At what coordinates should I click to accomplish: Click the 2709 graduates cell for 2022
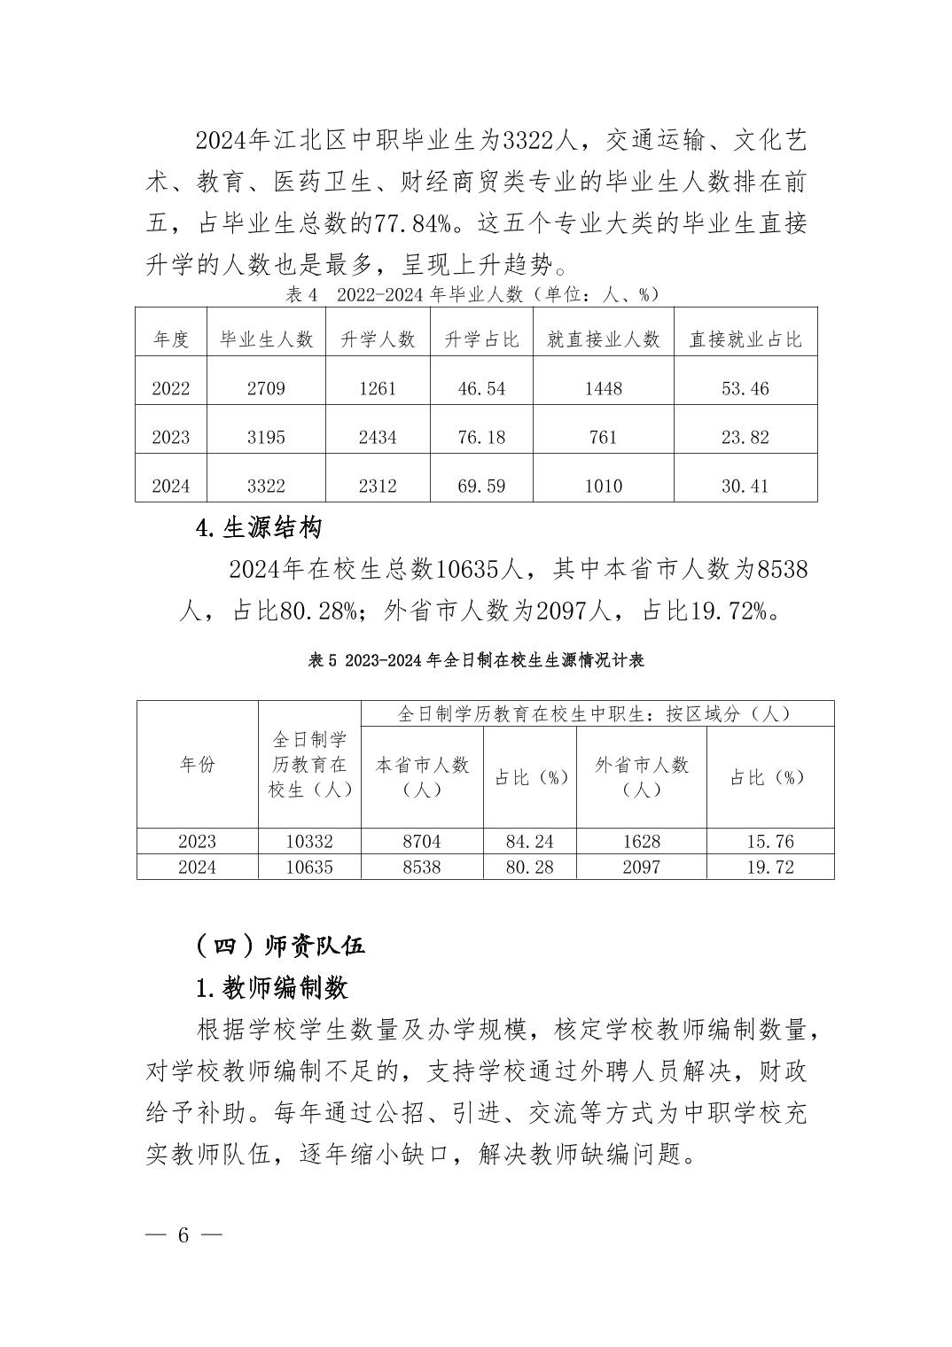pyautogui.click(x=266, y=388)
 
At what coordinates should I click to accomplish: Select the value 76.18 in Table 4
pyautogui.click(x=481, y=437)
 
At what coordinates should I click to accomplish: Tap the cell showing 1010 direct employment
pyautogui.click(x=604, y=486)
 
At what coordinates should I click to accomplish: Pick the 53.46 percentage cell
pyautogui.click(x=745, y=388)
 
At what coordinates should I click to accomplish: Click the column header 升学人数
pyautogui.click(x=378, y=339)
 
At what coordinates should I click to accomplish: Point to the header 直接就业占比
pyautogui.click(x=745, y=339)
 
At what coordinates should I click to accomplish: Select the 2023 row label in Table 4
pyautogui.click(x=171, y=437)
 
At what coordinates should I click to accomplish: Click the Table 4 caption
pyautogui.click(x=475, y=294)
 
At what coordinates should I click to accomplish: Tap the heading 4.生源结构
pyautogui.click(x=258, y=528)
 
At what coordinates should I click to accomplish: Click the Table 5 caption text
pyautogui.click(x=475, y=660)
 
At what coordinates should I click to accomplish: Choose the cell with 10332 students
pyautogui.click(x=309, y=841)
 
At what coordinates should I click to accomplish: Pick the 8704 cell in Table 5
pyautogui.click(x=422, y=841)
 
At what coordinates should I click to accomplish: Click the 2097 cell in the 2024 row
pyautogui.click(x=641, y=867)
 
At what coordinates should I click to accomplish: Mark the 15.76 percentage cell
pyautogui.click(x=769, y=841)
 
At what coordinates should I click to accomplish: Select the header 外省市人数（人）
pyautogui.click(x=641, y=777)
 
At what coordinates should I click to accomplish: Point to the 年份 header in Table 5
pyautogui.click(x=197, y=765)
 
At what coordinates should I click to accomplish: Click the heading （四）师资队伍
pyautogui.click(x=280, y=946)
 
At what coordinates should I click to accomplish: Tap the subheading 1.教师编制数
pyautogui.click(x=272, y=987)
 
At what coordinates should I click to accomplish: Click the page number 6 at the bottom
pyautogui.click(x=184, y=1235)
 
